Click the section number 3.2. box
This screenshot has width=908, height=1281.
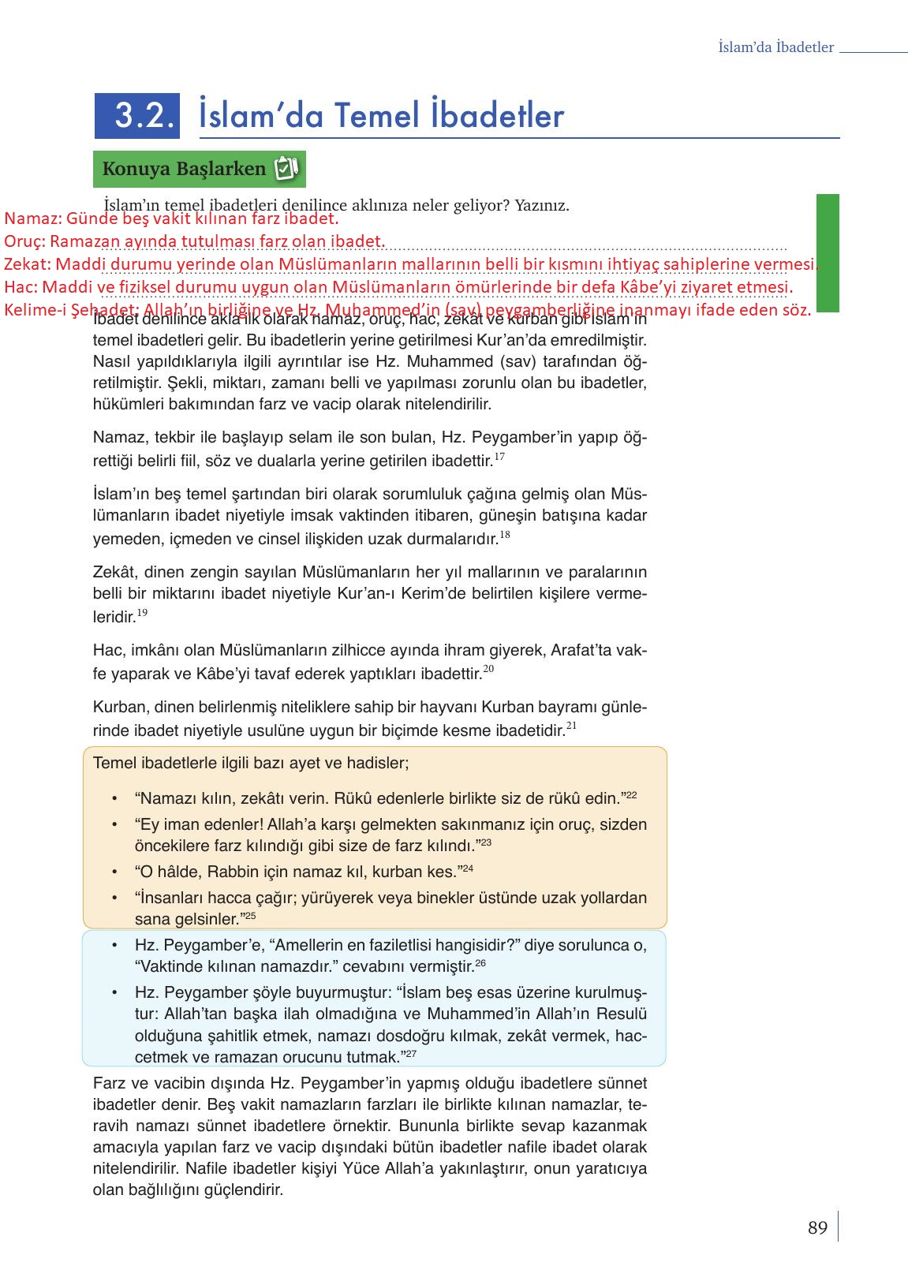click(137, 116)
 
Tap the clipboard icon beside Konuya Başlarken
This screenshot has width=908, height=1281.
click(285, 169)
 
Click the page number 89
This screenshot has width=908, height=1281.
click(817, 1228)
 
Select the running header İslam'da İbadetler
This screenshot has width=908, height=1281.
click(775, 47)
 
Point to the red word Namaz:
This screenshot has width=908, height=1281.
click(32, 218)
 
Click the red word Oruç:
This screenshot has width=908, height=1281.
click(24, 241)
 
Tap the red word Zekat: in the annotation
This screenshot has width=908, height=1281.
click(28, 264)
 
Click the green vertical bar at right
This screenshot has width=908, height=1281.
click(828, 252)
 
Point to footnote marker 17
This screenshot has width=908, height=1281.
click(499, 457)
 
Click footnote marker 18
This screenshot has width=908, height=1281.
click(505, 535)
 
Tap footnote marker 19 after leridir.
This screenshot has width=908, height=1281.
click(142, 613)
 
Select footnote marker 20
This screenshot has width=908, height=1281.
click(488, 669)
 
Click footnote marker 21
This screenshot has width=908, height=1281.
click(572, 726)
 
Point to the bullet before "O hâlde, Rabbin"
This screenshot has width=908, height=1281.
click(115, 872)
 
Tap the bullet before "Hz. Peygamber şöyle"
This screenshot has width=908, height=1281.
click(115, 993)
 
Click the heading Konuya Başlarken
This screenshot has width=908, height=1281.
click(184, 169)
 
